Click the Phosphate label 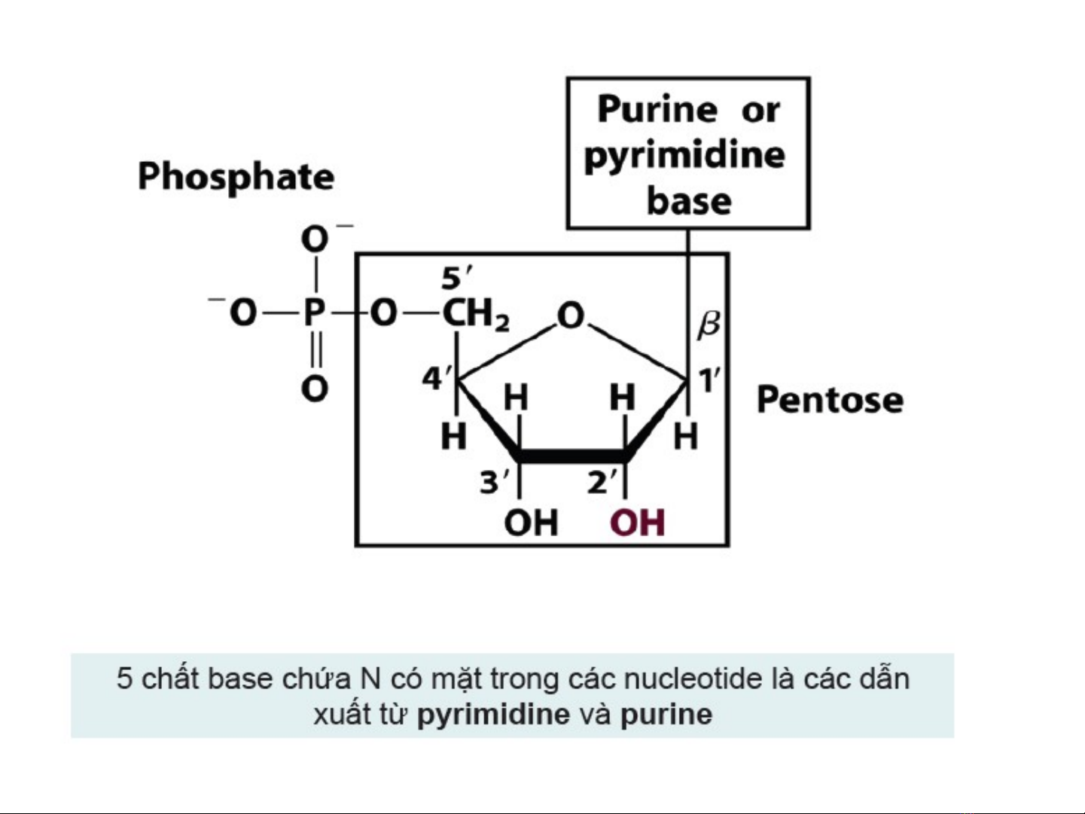coord(236,178)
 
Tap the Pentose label coord(830,399)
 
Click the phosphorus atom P coord(315,312)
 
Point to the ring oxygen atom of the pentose coord(571,316)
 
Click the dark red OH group coord(638,523)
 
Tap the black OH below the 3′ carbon coord(532,523)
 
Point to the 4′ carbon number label coord(437,380)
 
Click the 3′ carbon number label coord(495,483)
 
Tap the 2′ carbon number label coord(602,483)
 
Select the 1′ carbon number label coord(709,380)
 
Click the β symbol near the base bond coord(709,325)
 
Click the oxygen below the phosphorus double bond coord(315,389)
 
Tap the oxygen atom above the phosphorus coord(315,239)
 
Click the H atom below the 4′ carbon coord(454,437)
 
